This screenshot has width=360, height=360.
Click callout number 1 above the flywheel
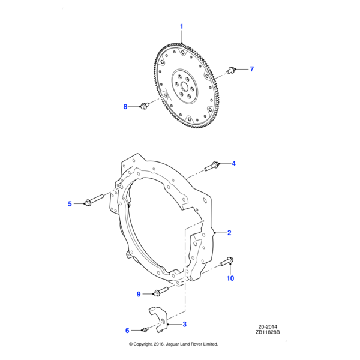[181, 26]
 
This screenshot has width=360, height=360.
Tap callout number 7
[252, 69]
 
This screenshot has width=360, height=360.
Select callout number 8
[125, 107]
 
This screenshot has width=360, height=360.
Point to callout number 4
[234, 164]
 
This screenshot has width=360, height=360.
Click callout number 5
[70, 204]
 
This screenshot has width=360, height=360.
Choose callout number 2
[229, 233]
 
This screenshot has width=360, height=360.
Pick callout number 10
[230, 278]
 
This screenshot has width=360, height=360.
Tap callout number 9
[139, 294]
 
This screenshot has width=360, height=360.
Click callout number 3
[185, 324]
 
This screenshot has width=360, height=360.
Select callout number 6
[127, 331]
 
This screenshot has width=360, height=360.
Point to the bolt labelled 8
[145, 106]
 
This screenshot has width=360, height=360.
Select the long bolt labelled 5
[95, 200]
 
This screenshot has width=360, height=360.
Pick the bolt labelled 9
[161, 291]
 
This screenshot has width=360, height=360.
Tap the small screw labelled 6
[145, 329]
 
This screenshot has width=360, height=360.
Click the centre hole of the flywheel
[185, 86]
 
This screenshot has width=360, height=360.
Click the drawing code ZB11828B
[268, 332]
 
